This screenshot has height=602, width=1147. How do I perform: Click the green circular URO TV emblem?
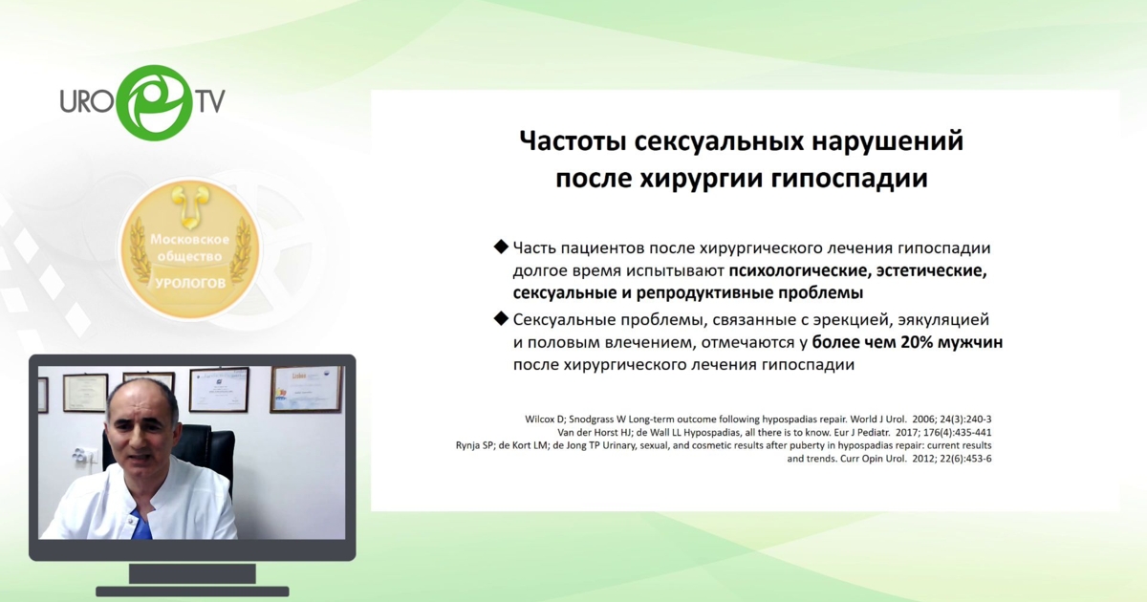[157, 102]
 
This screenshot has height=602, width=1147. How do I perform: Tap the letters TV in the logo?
[209, 99]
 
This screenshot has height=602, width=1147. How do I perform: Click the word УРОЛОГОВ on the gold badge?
[190, 283]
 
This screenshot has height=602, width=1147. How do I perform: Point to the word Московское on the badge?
[189, 239]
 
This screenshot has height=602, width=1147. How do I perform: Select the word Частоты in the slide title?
[573, 140]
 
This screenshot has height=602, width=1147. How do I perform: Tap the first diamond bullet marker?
[500, 247]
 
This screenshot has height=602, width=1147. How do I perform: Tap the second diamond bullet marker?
[500, 319]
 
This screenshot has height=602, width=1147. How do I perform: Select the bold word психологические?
[800, 270]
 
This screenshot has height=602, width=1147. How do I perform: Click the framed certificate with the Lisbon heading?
[307, 390]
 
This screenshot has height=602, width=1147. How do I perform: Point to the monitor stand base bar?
[192, 591]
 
